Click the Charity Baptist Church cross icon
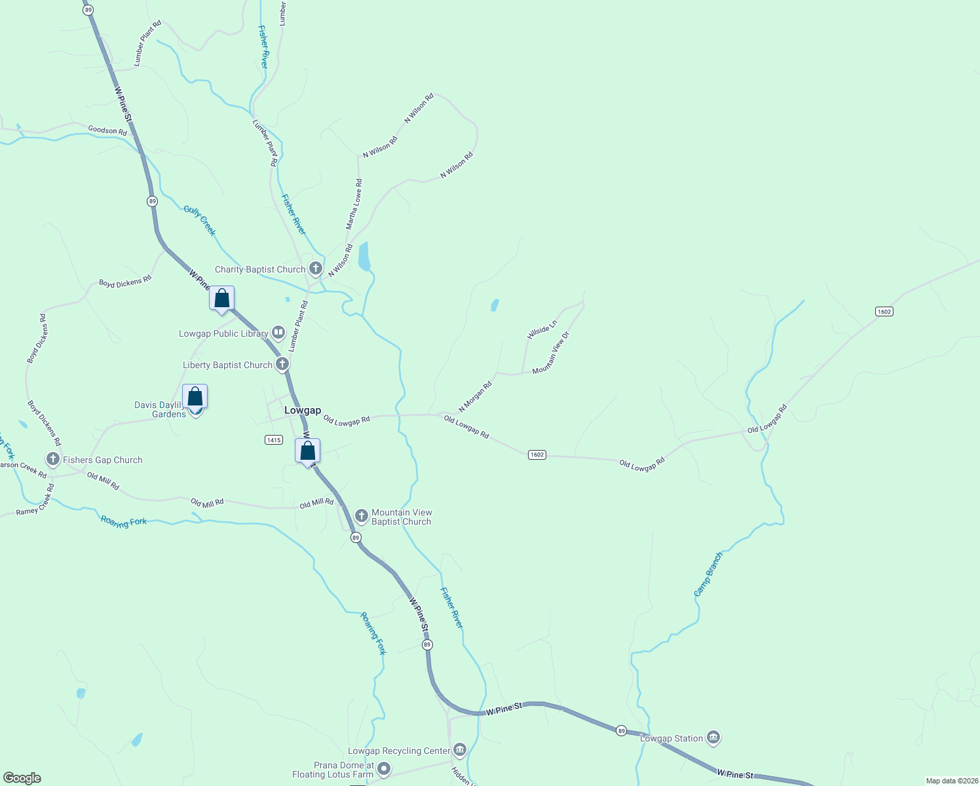coord(316,268)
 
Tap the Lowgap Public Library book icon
coord(278,333)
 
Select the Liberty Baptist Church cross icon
coord(282,364)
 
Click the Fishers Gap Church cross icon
coord(53,459)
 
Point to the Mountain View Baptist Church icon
coord(361,516)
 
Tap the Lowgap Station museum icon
coord(713,738)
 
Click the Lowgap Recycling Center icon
coord(460,750)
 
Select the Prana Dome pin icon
coord(384,768)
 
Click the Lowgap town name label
coord(303,410)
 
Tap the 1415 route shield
coord(274,440)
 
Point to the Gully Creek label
coord(200,220)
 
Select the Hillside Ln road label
coord(542,329)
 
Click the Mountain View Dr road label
coord(552,353)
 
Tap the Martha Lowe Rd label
coord(354,204)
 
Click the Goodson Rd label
coord(107,130)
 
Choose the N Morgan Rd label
coord(475,397)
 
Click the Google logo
coord(22,778)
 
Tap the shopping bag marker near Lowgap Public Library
coord(222,298)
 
